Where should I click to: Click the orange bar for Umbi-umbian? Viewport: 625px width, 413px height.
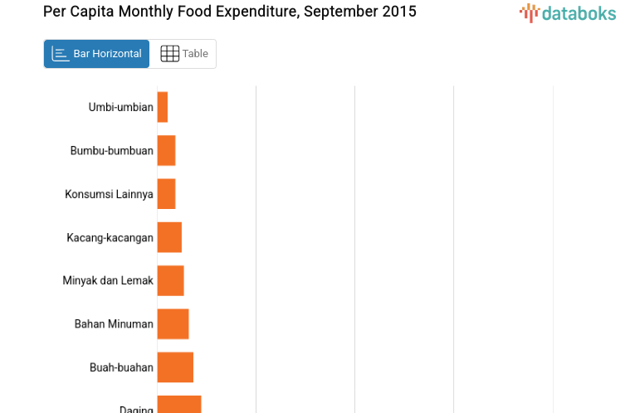click(x=163, y=107)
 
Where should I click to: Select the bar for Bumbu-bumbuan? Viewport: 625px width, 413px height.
click(x=166, y=150)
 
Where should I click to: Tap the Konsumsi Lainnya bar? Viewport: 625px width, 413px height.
click(x=166, y=194)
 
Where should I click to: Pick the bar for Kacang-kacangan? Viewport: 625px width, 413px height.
click(x=169, y=237)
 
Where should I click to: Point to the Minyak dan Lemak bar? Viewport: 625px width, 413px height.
click(x=170, y=280)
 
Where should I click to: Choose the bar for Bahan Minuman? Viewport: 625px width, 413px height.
click(x=173, y=323)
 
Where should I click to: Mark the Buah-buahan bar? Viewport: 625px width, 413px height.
click(x=175, y=367)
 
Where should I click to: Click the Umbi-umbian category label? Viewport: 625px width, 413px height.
click(x=120, y=107)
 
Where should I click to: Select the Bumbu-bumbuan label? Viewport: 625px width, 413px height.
click(x=112, y=151)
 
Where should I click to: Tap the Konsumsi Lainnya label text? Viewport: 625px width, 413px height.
click(x=109, y=194)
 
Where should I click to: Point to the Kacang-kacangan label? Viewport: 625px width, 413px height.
click(x=110, y=238)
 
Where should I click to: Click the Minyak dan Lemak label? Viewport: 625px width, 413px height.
click(x=108, y=281)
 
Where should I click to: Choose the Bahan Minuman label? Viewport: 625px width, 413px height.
click(x=114, y=324)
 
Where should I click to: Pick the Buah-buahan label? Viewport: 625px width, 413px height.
click(x=121, y=367)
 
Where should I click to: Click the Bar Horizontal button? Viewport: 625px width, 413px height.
click(x=96, y=54)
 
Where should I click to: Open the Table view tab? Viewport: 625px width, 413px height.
click(x=183, y=54)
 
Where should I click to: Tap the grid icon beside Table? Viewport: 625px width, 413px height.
click(x=169, y=54)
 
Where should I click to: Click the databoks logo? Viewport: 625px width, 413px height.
click(x=568, y=12)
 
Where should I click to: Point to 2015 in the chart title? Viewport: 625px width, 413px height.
click(x=399, y=12)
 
